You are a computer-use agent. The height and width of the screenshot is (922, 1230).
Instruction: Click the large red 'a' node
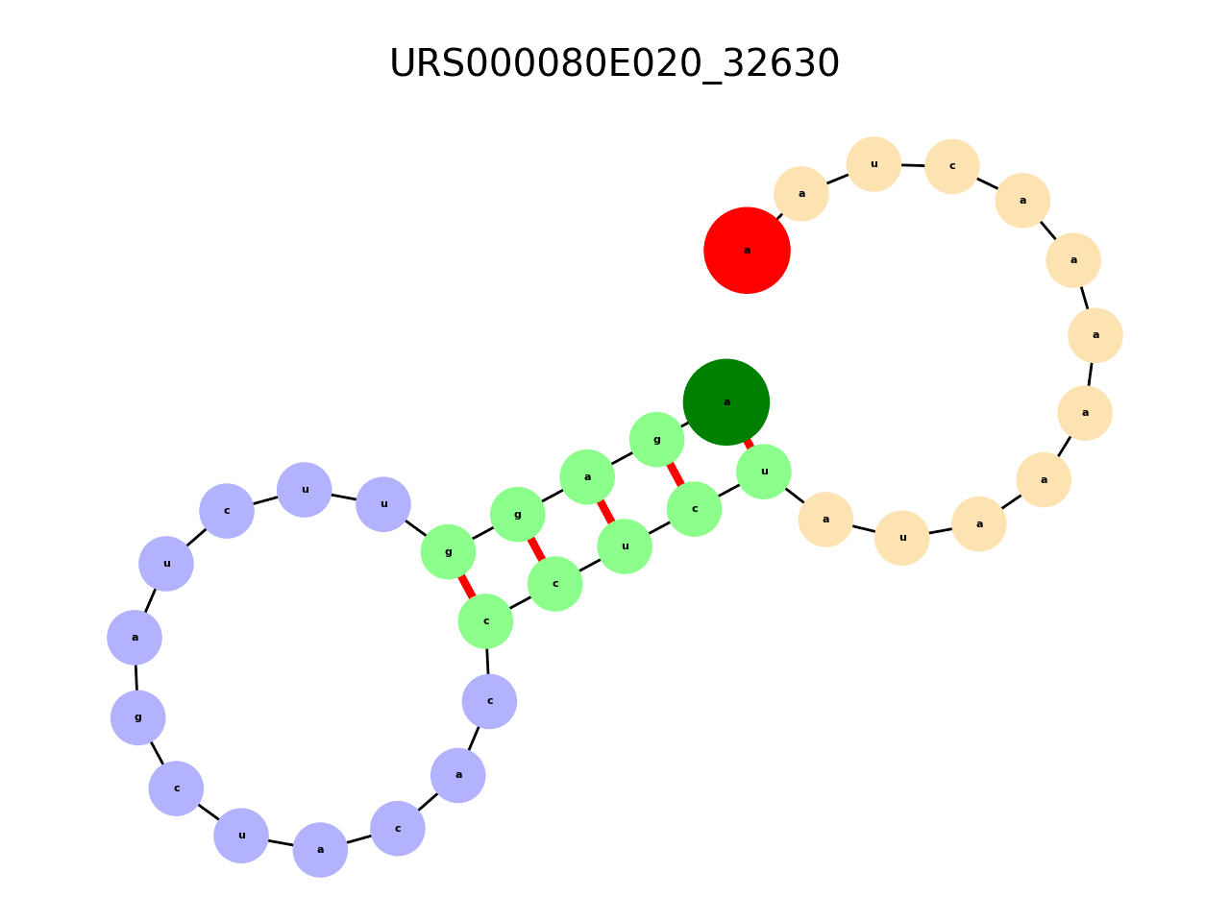tap(747, 251)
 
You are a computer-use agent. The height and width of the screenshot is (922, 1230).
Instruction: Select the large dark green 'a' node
tap(726, 402)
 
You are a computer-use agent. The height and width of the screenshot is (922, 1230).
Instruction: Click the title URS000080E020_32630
tap(615, 64)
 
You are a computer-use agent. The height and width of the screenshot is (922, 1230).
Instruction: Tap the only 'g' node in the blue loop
tap(137, 717)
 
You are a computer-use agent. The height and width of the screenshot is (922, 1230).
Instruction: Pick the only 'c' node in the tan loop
tap(952, 166)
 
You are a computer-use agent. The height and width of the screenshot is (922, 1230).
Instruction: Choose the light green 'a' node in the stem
tap(587, 477)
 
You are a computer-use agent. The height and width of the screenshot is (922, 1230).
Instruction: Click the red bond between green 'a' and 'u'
tap(605, 511)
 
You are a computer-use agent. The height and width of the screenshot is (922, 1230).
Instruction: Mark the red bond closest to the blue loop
tap(466, 587)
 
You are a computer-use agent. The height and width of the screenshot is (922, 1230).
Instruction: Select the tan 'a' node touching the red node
tap(801, 194)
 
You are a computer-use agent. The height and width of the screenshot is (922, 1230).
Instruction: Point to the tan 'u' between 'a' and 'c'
tap(873, 164)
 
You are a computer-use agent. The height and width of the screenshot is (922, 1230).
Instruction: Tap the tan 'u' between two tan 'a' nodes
tap(902, 538)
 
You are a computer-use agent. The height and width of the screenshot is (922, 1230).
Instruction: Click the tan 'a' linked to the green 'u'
tap(825, 520)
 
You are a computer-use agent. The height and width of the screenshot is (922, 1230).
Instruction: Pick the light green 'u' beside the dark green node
tap(764, 472)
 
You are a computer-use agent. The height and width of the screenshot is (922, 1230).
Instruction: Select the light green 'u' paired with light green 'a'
tap(625, 546)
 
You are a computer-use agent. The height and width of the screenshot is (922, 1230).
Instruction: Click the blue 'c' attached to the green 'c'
tap(489, 701)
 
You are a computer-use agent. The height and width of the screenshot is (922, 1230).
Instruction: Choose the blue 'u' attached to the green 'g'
tap(383, 504)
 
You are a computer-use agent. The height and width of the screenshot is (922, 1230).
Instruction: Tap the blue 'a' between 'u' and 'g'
tap(135, 638)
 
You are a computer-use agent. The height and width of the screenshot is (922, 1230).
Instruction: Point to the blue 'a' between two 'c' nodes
tap(458, 775)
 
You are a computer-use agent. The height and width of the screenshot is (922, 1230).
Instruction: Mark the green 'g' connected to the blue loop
tap(448, 552)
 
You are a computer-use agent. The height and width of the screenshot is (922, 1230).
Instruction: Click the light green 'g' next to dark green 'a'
tap(656, 440)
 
